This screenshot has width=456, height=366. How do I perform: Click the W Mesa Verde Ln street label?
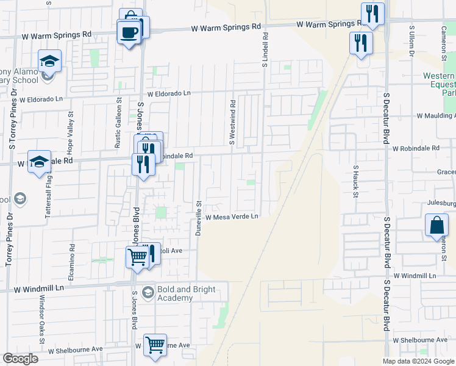(232, 217)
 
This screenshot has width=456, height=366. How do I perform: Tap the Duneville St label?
(198, 218)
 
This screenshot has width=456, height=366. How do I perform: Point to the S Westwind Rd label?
(232, 122)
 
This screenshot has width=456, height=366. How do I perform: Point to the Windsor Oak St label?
(42, 320)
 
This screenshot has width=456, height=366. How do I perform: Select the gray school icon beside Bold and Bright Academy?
(147, 293)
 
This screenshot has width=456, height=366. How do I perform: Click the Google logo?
(20, 358)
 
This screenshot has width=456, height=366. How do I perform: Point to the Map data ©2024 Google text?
(418, 361)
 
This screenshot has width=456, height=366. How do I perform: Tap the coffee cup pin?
(129, 32)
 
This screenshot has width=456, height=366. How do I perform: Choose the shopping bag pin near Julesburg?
(437, 225)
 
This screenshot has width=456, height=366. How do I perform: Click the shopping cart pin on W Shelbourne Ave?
(155, 345)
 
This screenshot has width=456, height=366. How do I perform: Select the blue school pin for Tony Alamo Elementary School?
(49, 62)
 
